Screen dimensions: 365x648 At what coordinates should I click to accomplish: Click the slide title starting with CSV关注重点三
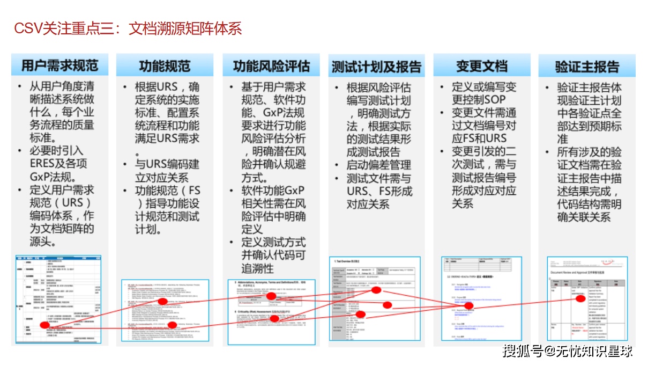pyautogui.click(x=128, y=28)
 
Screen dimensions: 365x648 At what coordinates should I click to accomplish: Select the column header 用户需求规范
pyautogui.click(x=59, y=65)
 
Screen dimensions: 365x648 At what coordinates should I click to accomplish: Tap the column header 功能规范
pyautogui.click(x=165, y=66)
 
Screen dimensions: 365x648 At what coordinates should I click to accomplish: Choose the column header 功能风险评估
pyautogui.click(x=271, y=66)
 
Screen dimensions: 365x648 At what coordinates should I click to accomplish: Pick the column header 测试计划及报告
pyautogui.click(x=376, y=67)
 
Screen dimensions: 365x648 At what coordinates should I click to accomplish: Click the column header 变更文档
pyautogui.click(x=481, y=66)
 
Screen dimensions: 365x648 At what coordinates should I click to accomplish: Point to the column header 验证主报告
pyautogui.click(x=587, y=67)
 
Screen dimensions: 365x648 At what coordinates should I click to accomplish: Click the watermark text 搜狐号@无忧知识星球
pyautogui.click(x=568, y=351)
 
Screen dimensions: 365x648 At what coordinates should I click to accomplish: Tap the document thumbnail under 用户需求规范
pyautogui.click(x=58, y=299)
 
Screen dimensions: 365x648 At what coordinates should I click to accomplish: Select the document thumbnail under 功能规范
pyautogui.click(x=165, y=310)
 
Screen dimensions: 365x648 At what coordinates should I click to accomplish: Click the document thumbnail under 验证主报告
pyautogui.click(x=587, y=298)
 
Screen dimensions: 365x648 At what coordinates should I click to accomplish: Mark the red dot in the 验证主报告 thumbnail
pyautogui.click(x=580, y=300)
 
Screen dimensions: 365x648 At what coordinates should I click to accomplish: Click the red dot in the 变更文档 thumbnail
pyautogui.click(x=468, y=306)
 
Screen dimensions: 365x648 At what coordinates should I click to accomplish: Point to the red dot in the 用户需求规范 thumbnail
pyautogui.click(x=44, y=325)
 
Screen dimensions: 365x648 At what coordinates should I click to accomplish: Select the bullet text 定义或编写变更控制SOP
pyautogui.click(x=483, y=93)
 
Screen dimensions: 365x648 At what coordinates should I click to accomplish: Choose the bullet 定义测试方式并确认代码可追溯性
pyautogui.click(x=273, y=255)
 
